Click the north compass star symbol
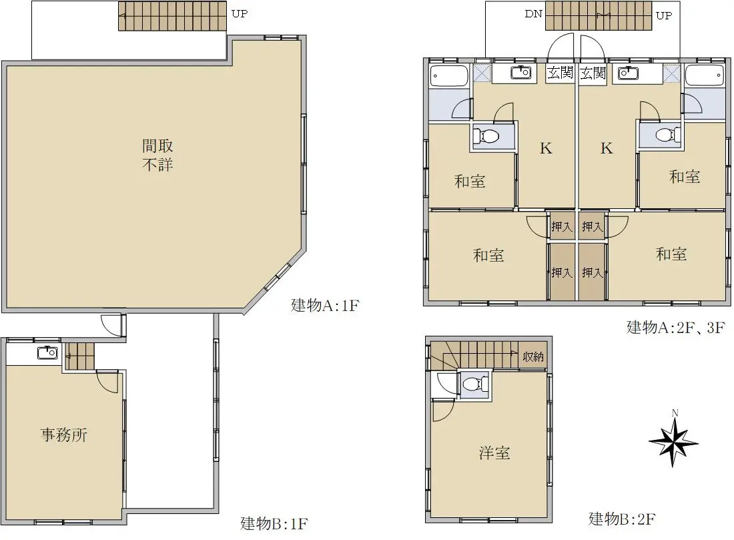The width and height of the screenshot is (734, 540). [x=674, y=442]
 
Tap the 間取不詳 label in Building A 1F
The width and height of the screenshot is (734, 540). [x=157, y=155]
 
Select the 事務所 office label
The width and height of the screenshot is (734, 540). [x=64, y=435]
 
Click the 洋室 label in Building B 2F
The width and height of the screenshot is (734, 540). [x=494, y=453]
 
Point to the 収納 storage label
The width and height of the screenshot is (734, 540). [x=533, y=356]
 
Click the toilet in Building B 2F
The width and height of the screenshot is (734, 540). [x=474, y=384]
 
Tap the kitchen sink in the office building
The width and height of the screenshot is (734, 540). [x=47, y=352]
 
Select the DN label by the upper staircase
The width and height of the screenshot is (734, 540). [x=533, y=13]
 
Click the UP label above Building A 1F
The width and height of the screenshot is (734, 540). [x=239, y=13]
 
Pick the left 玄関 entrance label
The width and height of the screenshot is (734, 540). [x=561, y=73]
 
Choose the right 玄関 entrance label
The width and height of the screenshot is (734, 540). [x=593, y=73]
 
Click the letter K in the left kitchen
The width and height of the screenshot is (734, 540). [x=546, y=148]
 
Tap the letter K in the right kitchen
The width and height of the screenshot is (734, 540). [x=607, y=148]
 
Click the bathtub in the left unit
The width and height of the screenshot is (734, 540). [x=449, y=76]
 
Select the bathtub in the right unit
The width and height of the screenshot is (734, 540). [x=705, y=75]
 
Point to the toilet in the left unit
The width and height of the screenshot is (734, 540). [x=486, y=137]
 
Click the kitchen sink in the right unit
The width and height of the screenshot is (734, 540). [x=628, y=73]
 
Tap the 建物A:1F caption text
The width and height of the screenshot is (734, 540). [x=325, y=305]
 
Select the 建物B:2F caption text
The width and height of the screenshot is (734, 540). [x=622, y=519]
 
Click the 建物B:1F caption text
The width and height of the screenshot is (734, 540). [x=274, y=523]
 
